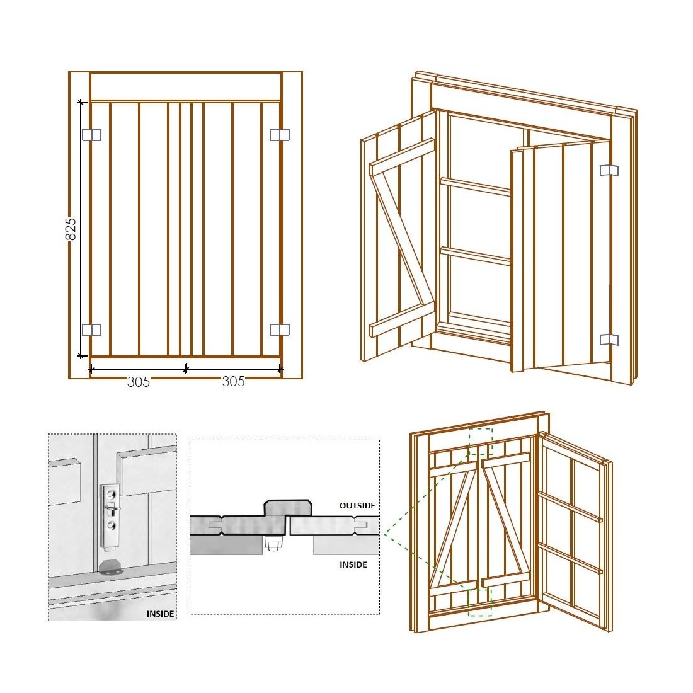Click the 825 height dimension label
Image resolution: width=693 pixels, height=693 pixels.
point(71,229)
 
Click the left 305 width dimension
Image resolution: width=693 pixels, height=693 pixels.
point(139,382)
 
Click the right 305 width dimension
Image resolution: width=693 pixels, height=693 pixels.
point(233,382)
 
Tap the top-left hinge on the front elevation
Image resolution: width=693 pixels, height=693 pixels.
point(91,135)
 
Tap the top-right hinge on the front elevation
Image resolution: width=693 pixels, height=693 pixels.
point(280,135)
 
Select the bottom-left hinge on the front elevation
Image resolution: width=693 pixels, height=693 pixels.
point(91,329)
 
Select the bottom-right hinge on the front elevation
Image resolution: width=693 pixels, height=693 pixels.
point(280,329)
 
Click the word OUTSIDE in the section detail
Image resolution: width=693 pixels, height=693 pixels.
point(357,506)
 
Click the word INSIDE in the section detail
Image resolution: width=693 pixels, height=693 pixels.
point(353,564)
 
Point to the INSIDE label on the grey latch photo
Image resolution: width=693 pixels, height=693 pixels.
point(161,613)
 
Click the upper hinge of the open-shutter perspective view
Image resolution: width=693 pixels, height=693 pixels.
point(609,170)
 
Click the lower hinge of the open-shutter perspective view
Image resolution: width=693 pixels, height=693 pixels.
point(609,340)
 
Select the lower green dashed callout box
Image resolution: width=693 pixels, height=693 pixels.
point(480,602)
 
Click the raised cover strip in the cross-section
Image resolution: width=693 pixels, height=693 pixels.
point(289,508)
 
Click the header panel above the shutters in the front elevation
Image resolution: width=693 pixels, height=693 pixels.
point(185,86)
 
